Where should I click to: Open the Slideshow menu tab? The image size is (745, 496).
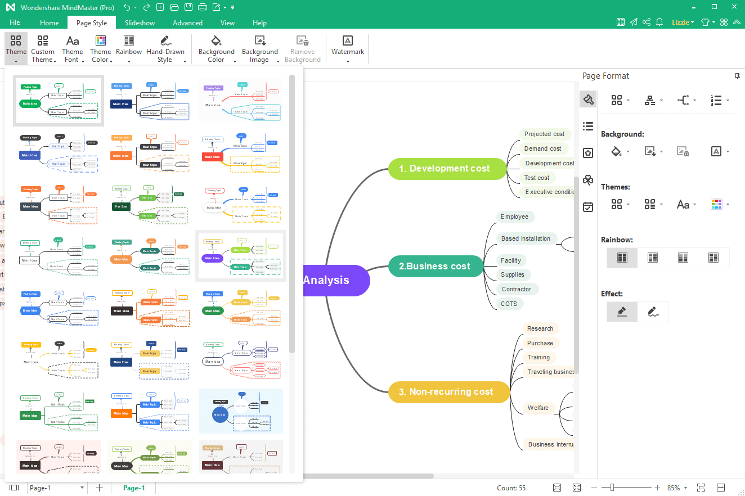pyautogui.click(x=140, y=23)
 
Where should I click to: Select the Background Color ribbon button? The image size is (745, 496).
pyautogui.click(x=216, y=48)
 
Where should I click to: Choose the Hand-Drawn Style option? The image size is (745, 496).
pyautogui.click(x=165, y=48)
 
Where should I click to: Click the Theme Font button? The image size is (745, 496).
pyautogui.click(x=73, y=48)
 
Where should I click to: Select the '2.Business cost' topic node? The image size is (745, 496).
pyautogui.click(x=436, y=267)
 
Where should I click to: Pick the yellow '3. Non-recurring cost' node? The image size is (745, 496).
pyautogui.click(x=448, y=392)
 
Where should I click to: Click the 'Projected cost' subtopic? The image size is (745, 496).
pyautogui.click(x=544, y=134)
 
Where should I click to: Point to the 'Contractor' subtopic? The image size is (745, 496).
pyautogui.click(x=516, y=290)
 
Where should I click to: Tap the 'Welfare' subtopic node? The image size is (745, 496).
pyautogui.click(x=538, y=408)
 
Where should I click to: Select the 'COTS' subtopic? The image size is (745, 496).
pyautogui.click(x=509, y=304)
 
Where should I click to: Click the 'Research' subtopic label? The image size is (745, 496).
pyautogui.click(x=540, y=329)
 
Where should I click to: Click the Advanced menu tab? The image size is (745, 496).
pyautogui.click(x=187, y=23)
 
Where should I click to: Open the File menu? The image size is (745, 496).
pyautogui.click(x=15, y=23)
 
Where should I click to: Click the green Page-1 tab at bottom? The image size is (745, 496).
pyautogui.click(x=134, y=488)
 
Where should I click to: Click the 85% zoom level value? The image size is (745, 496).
pyautogui.click(x=674, y=488)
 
